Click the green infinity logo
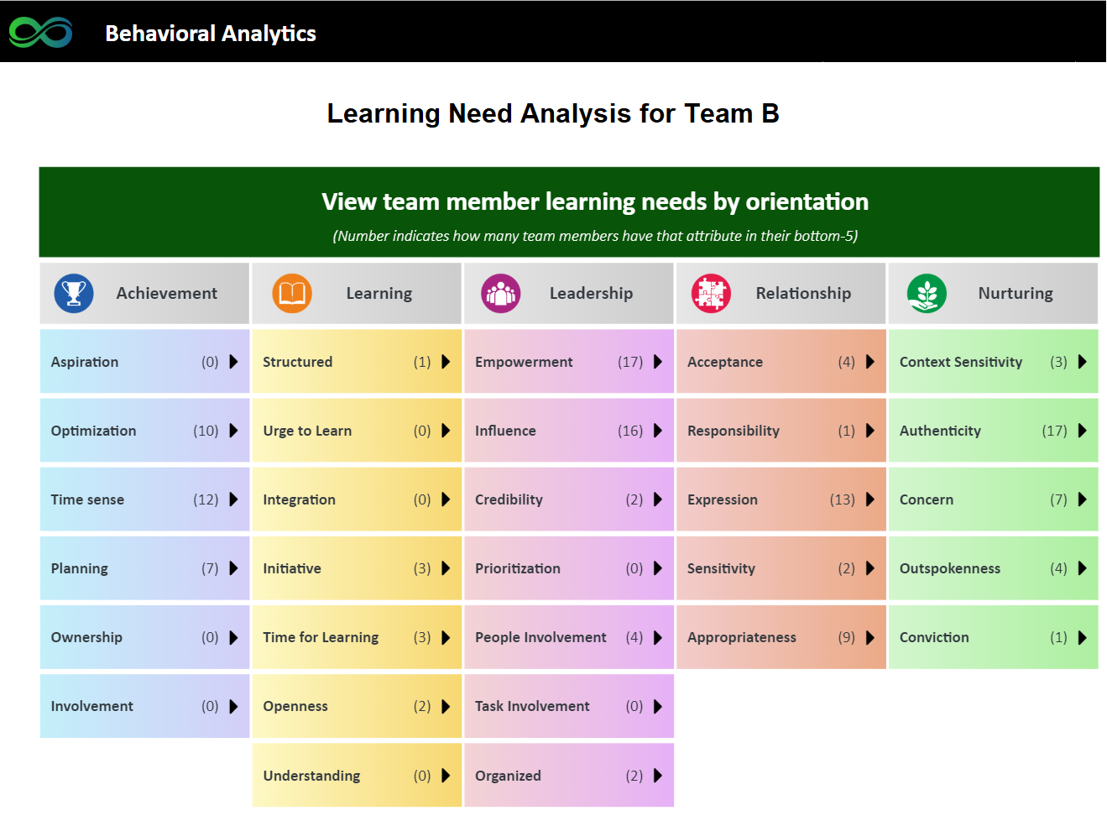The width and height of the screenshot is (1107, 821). pyautogui.click(x=41, y=33)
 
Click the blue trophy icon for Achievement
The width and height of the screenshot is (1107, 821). pyautogui.click(x=74, y=293)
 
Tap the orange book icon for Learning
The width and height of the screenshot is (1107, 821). pyautogui.click(x=292, y=293)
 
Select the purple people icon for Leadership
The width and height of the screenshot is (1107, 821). pyautogui.click(x=500, y=293)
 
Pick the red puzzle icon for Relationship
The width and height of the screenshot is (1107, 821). pyautogui.click(x=711, y=293)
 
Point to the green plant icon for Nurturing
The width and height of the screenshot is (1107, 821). pyautogui.click(x=927, y=293)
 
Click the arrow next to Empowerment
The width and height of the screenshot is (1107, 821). pyautogui.click(x=658, y=362)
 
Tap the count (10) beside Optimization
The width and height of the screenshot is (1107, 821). pyautogui.click(x=206, y=431)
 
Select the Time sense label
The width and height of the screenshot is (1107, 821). pyautogui.click(x=87, y=499)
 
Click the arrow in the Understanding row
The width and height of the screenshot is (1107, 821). pyautogui.click(x=446, y=775)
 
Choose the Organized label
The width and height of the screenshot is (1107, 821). pyautogui.click(x=508, y=776)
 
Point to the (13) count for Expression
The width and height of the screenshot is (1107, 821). pyautogui.click(x=843, y=499)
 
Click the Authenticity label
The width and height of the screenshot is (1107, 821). pyautogui.click(x=940, y=431)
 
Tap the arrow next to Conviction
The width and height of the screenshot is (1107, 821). pyautogui.click(x=1082, y=637)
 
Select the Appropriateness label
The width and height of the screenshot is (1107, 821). pyautogui.click(x=742, y=637)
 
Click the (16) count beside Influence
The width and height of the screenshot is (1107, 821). pyautogui.click(x=630, y=431)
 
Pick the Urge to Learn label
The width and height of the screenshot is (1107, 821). pyautogui.click(x=307, y=431)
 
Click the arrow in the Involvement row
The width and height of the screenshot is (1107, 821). pyautogui.click(x=233, y=706)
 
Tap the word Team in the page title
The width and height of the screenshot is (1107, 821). pyautogui.click(x=718, y=113)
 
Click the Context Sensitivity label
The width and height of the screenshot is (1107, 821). pyautogui.click(x=961, y=362)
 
